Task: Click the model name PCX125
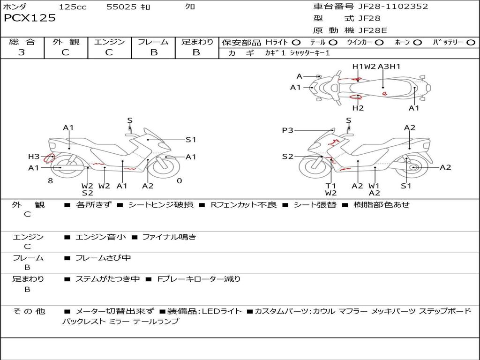[x=30, y=18]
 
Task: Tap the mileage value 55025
[x=121, y=7]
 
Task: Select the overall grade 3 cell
[x=22, y=52]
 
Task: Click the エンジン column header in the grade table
[x=109, y=42]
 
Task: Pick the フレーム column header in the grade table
[x=153, y=42]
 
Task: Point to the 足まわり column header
[x=197, y=42]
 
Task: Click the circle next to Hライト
[x=296, y=42]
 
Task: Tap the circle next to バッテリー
[x=471, y=42]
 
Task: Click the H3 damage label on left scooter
[x=34, y=157]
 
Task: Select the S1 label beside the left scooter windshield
[x=191, y=140]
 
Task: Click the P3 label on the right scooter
[x=287, y=130]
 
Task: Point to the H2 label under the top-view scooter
[x=358, y=108]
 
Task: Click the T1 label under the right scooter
[x=331, y=186]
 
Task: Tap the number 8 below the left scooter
[x=50, y=180]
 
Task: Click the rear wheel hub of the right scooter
[x=413, y=167]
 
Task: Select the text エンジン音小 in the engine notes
[x=100, y=237]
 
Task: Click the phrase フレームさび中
[x=103, y=258]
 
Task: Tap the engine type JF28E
[x=373, y=30]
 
